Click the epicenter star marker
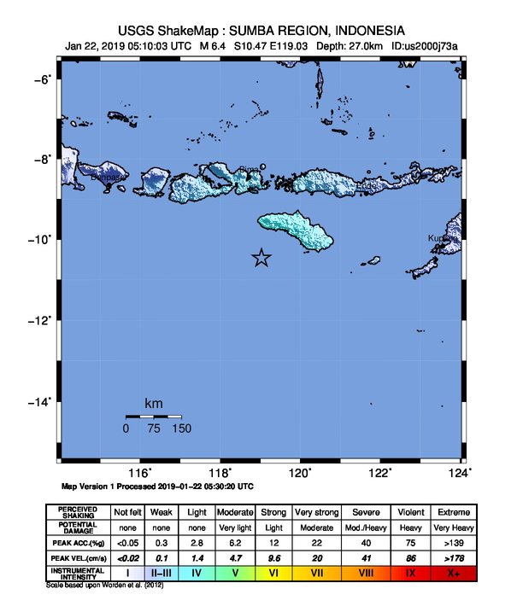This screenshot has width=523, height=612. (x=261, y=258)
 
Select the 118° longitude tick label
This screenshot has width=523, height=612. (x=220, y=474)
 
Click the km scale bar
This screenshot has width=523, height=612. (x=153, y=417)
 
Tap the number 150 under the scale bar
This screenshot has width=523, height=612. (x=181, y=429)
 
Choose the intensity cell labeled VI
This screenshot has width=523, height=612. (x=273, y=573)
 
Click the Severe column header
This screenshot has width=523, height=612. (x=364, y=511)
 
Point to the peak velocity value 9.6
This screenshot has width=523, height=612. (x=273, y=557)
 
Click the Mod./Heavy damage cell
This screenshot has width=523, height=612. (x=364, y=527)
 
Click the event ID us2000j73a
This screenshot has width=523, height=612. (x=425, y=46)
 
